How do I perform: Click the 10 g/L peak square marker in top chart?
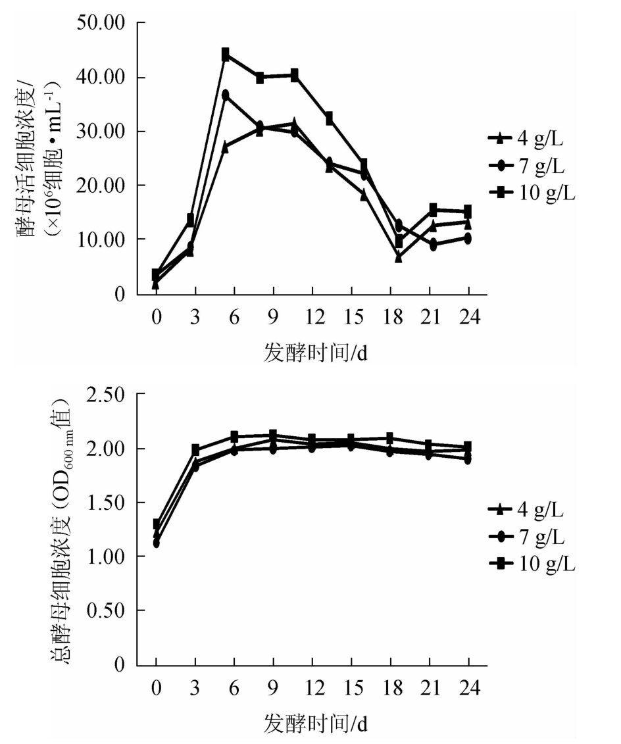pyautogui.click(x=225, y=54)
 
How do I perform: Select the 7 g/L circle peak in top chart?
pyautogui.click(x=225, y=95)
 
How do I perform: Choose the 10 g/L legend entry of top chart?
pyautogui.click(x=530, y=192)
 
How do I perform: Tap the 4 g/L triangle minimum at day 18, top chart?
pyautogui.click(x=399, y=257)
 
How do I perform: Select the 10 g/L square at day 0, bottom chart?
pyautogui.click(x=156, y=524)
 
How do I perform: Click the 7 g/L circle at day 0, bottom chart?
pyautogui.click(x=156, y=543)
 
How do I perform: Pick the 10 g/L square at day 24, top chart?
pyautogui.click(x=468, y=212)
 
